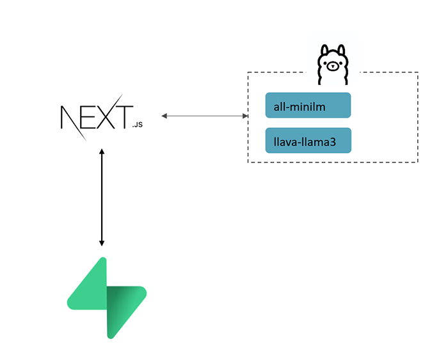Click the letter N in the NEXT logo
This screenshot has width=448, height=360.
point(68,118)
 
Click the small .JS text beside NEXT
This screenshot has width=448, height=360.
point(137,125)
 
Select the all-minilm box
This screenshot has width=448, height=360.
point(308,106)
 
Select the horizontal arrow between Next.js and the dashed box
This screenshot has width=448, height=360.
point(205,116)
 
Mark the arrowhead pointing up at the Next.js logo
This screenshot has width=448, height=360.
point(102,152)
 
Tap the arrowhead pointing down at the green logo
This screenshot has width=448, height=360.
point(102,242)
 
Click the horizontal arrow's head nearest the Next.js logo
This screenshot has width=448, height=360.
point(165,116)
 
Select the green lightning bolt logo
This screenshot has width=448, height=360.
point(107,297)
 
